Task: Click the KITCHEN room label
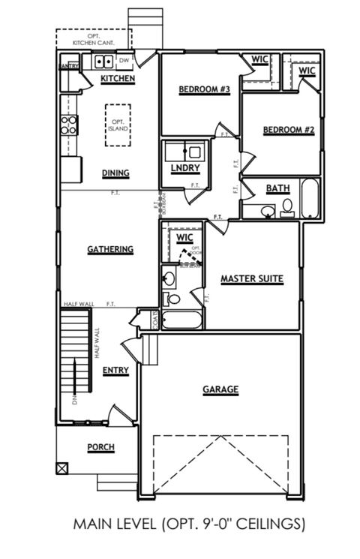point(118,78)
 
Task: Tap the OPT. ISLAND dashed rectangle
point(118,125)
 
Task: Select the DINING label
point(115,173)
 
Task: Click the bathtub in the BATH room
point(310,198)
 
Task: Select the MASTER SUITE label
point(251,279)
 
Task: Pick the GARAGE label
point(220,389)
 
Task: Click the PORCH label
point(100,447)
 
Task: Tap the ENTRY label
point(115,370)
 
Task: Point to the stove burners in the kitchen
point(69,125)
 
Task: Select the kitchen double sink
point(103,61)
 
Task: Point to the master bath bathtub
point(181,320)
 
